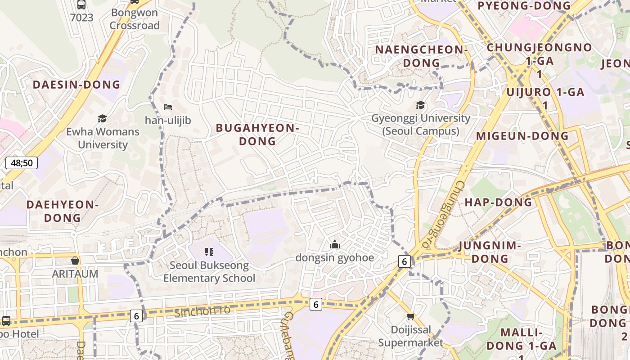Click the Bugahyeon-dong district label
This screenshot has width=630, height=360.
click(257, 135)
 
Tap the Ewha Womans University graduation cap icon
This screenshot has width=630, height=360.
click(103, 118)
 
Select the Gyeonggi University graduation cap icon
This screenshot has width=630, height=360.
click(420, 105)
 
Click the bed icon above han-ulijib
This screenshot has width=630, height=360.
click(168, 107)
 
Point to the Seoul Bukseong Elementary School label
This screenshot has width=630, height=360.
click(209, 272)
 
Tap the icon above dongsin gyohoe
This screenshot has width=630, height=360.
click(334, 244)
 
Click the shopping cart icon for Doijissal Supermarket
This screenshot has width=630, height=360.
click(410, 316)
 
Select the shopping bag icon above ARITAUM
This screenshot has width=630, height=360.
click(75, 261)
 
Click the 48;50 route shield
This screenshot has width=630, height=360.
click(22, 162)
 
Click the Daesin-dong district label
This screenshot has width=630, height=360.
click(76, 85)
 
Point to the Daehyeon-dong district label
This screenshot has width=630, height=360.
click(62, 211)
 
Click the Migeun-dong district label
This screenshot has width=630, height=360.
click(522, 136)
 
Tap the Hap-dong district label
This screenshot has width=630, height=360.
click(499, 202)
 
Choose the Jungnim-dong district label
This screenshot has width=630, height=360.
click(490, 252)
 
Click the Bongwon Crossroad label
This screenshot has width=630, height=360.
click(135, 19)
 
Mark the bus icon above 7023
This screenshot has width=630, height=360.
click(81, 4)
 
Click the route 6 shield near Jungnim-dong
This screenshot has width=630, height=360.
click(405, 261)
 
